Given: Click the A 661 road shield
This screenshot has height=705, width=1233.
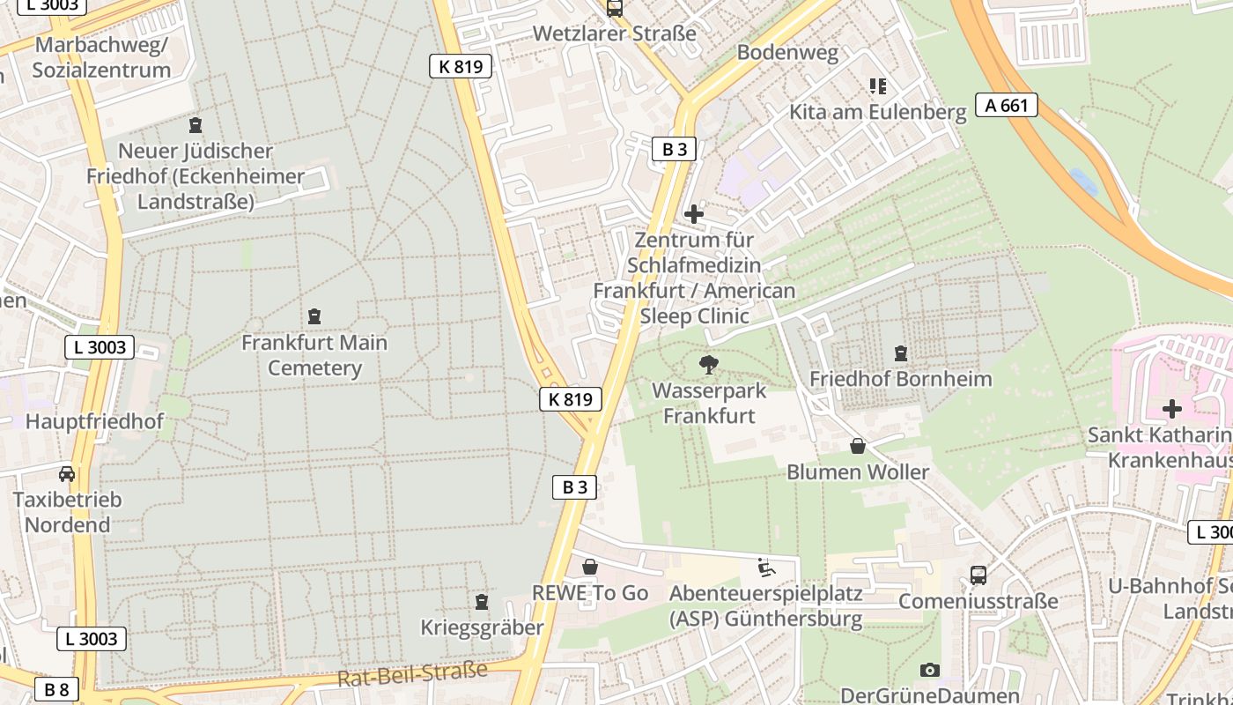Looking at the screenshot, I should pyautogui.click(x=1007, y=106).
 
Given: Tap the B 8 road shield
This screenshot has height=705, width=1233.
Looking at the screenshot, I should pyautogui.click(x=56, y=689).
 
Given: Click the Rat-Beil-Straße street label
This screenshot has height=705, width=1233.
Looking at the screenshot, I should pyautogui.click(x=412, y=674).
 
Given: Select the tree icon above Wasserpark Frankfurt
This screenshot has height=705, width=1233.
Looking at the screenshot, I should pyautogui.click(x=708, y=365).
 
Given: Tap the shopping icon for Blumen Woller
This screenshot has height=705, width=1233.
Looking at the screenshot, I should pyautogui.click(x=857, y=447).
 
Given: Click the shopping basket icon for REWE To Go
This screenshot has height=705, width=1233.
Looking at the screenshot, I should pyautogui.click(x=589, y=567).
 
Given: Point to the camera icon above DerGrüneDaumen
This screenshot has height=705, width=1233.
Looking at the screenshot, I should pyautogui.click(x=929, y=671).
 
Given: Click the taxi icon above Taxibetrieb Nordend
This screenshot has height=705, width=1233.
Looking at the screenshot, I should pyautogui.click(x=67, y=474).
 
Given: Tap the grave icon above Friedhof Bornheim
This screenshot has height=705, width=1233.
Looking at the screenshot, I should pyautogui.click(x=900, y=353).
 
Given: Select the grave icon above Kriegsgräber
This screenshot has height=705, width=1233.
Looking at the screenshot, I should pyautogui.click(x=481, y=602).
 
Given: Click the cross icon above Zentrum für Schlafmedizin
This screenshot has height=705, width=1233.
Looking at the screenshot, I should pyautogui.click(x=694, y=213).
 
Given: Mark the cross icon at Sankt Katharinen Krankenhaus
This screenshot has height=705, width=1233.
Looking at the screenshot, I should pyautogui.click(x=1171, y=409).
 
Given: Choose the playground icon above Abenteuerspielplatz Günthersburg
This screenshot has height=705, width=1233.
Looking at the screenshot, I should pyautogui.click(x=765, y=568).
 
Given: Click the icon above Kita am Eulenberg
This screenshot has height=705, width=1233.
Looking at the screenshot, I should pyautogui.click(x=877, y=86).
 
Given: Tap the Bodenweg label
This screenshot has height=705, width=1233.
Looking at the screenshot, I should pyautogui.click(x=787, y=52).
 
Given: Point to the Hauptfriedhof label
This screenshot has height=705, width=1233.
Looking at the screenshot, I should pyautogui.click(x=94, y=421).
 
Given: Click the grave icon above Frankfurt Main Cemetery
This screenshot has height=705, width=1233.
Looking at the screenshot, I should pyautogui.click(x=314, y=316).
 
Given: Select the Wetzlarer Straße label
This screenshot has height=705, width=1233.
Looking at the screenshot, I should pyautogui.click(x=615, y=33).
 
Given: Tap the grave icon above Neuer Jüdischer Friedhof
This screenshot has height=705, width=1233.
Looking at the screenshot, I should pyautogui.click(x=196, y=126).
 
